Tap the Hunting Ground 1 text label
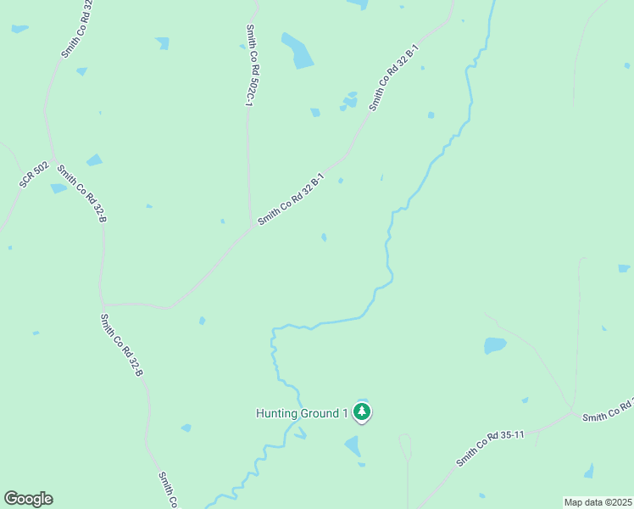click(x=302, y=414)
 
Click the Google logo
click(x=28, y=499)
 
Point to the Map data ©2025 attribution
click(x=598, y=502)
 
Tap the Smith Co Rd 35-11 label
click(x=491, y=448)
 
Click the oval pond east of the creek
click(x=495, y=345)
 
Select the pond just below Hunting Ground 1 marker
click(x=353, y=446)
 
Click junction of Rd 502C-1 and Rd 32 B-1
click(x=252, y=226)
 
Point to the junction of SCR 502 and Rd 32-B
click(x=53, y=161)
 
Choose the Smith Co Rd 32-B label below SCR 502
click(x=81, y=194)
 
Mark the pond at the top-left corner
click(x=19, y=29)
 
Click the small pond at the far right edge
click(x=624, y=268)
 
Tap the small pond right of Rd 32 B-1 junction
click(x=324, y=237)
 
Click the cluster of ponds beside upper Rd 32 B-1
click(x=349, y=101)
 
